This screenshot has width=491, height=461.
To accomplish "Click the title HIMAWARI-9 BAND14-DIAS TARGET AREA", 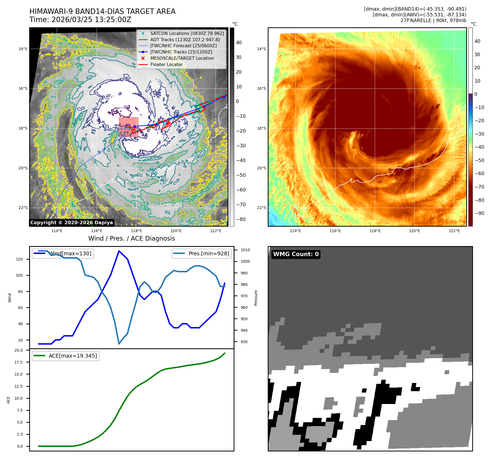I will (x=102, y=11).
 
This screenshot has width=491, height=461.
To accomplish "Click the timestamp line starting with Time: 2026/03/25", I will (x=80, y=20).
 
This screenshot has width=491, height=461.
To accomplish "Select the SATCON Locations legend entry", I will (x=187, y=33).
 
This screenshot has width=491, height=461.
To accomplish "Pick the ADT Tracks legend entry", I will (x=185, y=40).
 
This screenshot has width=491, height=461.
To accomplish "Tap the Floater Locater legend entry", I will (x=166, y=64).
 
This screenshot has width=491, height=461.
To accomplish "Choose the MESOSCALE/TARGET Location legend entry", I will (x=182, y=58).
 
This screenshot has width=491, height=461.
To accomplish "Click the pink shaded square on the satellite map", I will (x=129, y=127).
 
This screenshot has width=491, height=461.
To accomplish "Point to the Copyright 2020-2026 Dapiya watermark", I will (x=71, y=223).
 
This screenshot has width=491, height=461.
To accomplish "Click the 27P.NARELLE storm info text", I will (x=433, y=20).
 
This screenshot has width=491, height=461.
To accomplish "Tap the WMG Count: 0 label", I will (x=296, y=254).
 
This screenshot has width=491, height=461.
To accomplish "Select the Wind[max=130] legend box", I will (x=63, y=253).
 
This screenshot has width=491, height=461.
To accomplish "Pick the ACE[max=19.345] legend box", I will (x=66, y=356).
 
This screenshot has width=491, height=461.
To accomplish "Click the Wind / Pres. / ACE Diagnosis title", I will (x=132, y=238).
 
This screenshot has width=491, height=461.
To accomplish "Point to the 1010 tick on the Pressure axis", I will (x=245, y=250).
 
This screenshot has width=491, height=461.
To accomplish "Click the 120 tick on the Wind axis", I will (x=19, y=259).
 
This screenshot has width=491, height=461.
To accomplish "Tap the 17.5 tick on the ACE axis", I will (x=19, y=362).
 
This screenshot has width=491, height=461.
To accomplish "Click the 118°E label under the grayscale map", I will (x=136, y=231).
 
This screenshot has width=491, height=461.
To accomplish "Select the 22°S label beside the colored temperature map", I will (x=261, y=208).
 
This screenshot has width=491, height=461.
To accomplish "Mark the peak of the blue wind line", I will (x=119, y=251).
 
